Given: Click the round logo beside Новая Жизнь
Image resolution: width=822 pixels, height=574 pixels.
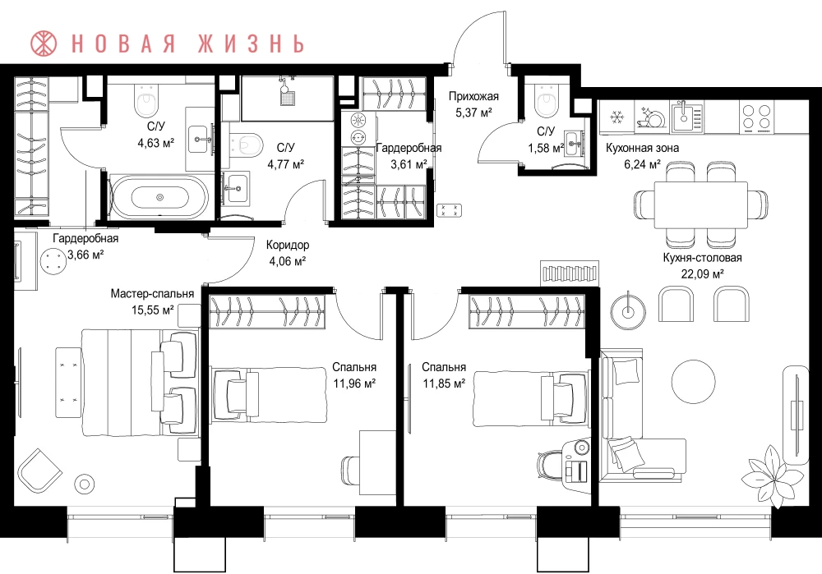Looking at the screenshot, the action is pos(44,44).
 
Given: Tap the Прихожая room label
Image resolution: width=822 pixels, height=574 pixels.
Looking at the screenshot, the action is pos(473,96).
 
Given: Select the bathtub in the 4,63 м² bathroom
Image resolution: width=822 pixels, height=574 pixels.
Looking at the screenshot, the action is pos(159,197).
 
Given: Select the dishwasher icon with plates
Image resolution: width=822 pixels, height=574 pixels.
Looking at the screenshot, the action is pos(650,117).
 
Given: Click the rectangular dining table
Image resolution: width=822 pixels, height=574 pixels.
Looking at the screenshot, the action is pos(701,204).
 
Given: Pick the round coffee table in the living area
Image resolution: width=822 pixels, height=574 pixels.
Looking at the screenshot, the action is pos(694,381).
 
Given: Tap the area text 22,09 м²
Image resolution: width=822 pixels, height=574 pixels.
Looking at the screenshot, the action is pos(702,273).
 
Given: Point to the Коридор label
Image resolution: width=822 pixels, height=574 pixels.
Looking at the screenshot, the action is pos(287,245).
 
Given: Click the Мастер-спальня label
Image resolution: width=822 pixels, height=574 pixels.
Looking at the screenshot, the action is pos(152,294).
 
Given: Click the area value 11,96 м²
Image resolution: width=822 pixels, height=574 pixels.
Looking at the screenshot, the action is pos(354,383).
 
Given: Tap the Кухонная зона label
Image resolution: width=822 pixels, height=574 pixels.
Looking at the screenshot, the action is pos(642,148).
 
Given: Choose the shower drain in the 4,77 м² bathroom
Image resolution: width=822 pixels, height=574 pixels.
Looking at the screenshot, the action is pos(287,98).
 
